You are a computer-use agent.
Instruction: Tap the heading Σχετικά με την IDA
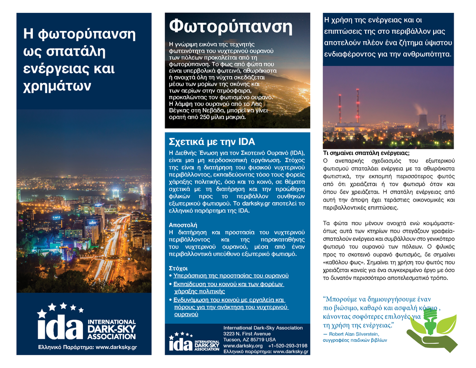(x=212, y=142)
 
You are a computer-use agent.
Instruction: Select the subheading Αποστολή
(x=183, y=224)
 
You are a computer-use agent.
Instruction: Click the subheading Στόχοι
(x=178, y=268)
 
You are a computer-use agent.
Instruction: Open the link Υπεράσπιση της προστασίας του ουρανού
(x=230, y=276)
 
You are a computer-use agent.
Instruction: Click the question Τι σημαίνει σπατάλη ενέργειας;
(x=366, y=153)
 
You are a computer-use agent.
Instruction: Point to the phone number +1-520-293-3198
(x=288, y=346)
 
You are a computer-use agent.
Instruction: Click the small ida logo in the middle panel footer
(x=181, y=343)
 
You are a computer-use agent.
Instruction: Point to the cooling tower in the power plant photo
(x=422, y=121)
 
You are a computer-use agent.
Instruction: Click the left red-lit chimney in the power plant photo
(x=340, y=108)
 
